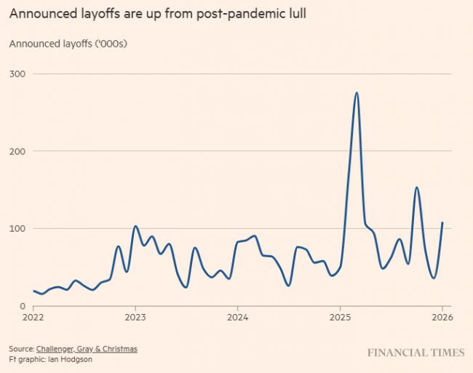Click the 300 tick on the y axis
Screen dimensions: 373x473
(17, 74)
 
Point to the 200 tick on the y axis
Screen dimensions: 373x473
(17, 151)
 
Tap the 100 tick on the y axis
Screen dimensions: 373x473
(17, 228)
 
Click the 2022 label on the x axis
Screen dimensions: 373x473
(33, 318)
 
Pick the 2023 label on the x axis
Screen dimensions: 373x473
(135, 318)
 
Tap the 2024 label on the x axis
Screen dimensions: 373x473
(238, 318)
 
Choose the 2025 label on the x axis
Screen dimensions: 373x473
(341, 318)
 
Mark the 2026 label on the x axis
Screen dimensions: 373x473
(442, 318)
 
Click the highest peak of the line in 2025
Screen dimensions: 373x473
(357, 93)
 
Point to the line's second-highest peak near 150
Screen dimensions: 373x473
(416, 187)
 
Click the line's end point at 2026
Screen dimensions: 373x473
(442, 223)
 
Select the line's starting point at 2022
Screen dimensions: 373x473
(33, 291)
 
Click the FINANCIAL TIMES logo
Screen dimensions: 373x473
(415, 353)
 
